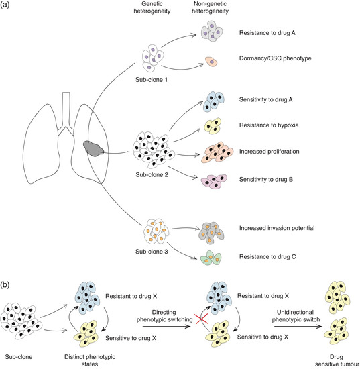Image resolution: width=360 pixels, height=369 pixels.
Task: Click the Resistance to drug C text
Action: [269, 256]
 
